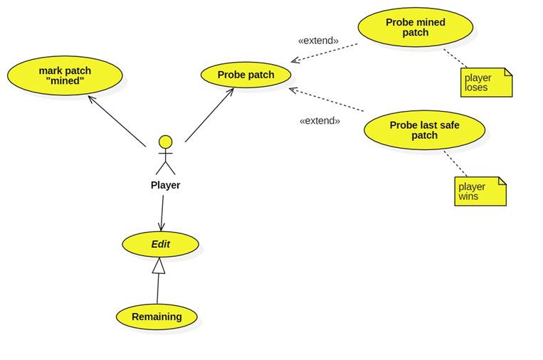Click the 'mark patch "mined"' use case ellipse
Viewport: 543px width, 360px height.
point(65,75)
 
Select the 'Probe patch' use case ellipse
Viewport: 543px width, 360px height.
point(246,75)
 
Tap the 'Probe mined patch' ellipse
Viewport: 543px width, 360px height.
point(415,27)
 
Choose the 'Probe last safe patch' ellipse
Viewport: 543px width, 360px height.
point(424,129)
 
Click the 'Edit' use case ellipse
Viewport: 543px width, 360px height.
point(160,244)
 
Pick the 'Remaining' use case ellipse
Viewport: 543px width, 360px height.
point(157,317)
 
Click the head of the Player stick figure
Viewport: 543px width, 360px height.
point(165,142)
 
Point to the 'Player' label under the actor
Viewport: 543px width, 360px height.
point(165,185)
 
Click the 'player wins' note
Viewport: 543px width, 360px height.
point(480,191)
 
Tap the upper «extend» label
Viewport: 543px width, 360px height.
point(318,41)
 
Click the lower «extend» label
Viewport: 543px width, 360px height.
point(320,121)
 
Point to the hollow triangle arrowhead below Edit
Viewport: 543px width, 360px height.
point(159,266)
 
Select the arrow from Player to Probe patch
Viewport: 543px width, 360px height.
point(209,115)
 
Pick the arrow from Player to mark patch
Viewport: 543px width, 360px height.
point(117,121)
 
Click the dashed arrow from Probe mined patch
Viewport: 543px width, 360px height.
point(325,53)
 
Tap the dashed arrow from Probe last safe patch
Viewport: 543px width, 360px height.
point(327,100)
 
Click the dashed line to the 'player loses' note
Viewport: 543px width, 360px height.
point(455,58)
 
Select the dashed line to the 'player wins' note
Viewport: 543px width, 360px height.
point(455,163)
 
